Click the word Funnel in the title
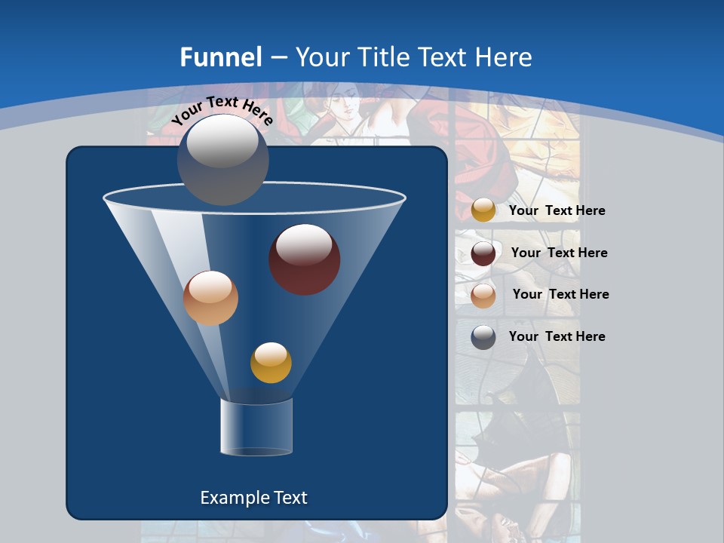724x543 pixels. tap(220, 57)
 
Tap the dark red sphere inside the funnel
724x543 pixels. tap(304, 259)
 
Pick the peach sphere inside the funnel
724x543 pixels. tap(210, 298)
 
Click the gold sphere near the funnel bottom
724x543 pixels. tap(271, 363)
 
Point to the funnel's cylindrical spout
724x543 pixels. tap(256, 427)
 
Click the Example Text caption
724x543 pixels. tap(253, 498)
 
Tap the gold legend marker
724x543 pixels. tap(483, 210)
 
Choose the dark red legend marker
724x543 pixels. tap(483, 253)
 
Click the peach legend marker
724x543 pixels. tap(483, 295)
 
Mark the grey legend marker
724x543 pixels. tap(483, 337)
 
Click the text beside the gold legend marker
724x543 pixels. tap(557, 211)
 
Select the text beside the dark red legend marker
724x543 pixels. tap(559, 253)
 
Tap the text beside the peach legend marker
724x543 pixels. tap(560, 295)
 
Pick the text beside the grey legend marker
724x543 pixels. tap(557, 337)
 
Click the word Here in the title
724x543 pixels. tap(505, 57)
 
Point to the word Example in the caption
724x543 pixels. tap(229, 498)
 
